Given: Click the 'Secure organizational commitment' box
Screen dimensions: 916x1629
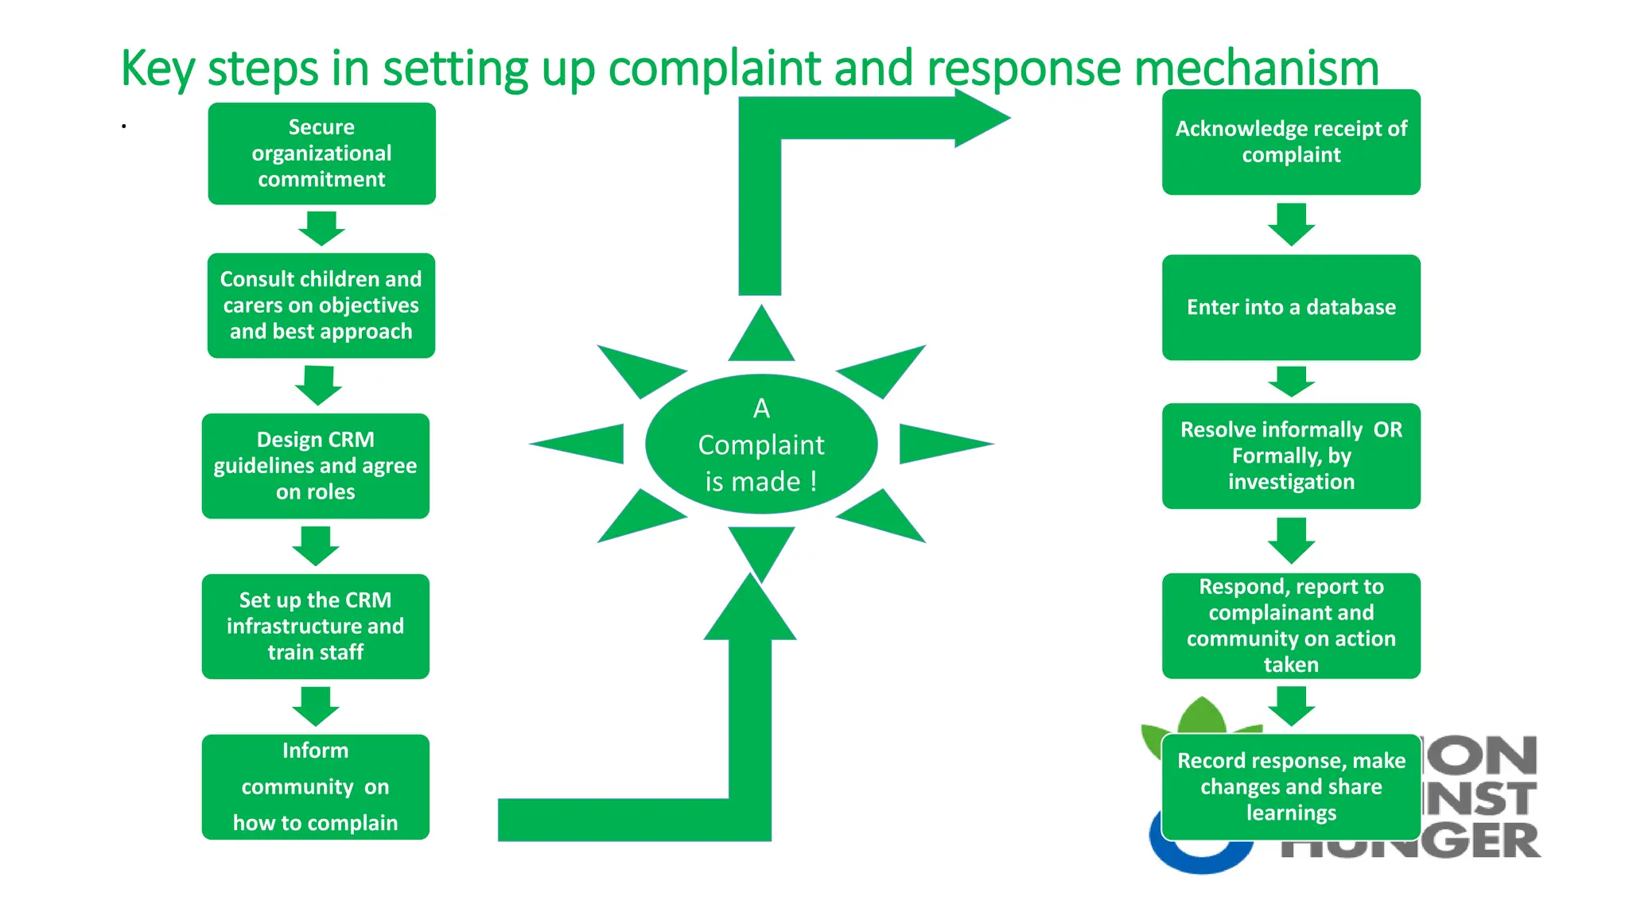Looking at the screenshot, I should [321, 153].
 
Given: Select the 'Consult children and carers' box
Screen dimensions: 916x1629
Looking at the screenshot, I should [321, 305].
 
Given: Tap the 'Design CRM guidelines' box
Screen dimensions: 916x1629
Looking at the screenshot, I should [315, 466].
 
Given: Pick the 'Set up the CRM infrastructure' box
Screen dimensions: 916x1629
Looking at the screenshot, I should [315, 626].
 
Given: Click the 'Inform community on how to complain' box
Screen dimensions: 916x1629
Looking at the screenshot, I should [315, 786].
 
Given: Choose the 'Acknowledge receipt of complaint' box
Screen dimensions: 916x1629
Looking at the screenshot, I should [1290, 142].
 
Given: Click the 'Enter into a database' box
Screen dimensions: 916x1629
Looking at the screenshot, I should [1290, 307].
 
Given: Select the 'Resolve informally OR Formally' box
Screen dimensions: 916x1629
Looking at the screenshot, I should [1290, 456].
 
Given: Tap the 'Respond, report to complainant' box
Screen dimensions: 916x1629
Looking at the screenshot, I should [1290, 625].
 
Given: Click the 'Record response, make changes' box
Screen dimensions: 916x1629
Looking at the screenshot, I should [1290, 786].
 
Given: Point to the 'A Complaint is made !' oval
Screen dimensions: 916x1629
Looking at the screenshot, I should [761, 444].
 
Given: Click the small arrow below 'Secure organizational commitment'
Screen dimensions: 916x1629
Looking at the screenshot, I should [321, 228].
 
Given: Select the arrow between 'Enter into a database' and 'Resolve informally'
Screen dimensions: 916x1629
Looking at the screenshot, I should [1291, 382].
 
